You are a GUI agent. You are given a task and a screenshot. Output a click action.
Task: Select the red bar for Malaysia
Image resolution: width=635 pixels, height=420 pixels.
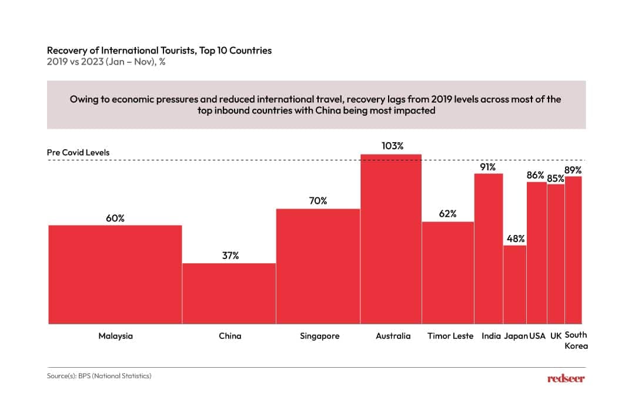[x=115, y=274]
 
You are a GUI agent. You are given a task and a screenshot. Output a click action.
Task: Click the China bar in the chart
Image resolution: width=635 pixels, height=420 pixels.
[x=229, y=293]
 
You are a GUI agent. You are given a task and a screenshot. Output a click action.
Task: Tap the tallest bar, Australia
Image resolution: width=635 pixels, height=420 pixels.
[x=391, y=238]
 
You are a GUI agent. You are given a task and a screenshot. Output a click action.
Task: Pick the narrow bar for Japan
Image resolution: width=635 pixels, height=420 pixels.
[x=514, y=284]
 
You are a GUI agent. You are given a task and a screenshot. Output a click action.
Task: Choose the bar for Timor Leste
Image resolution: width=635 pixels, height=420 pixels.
[x=447, y=273]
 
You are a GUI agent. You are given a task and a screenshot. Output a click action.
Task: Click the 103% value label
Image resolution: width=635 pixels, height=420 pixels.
[x=391, y=146]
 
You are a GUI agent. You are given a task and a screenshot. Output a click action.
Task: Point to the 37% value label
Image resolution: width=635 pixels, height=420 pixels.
[x=229, y=256]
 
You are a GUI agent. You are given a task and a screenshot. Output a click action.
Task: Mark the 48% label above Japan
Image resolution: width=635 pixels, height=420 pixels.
[x=514, y=238]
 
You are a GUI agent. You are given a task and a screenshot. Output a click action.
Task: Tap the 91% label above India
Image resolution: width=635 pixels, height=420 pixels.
[x=488, y=166]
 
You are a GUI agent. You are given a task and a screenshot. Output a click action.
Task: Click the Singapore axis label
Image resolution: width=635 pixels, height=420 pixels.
[x=319, y=337]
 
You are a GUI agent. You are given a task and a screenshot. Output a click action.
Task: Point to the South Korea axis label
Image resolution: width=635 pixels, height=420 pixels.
[x=576, y=340]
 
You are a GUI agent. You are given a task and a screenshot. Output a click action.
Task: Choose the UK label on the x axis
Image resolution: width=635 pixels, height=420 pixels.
[x=555, y=337]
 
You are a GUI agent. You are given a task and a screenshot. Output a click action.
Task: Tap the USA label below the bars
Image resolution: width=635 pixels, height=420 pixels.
[x=537, y=337]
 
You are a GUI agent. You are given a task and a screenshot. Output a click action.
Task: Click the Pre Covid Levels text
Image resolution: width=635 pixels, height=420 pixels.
[x=78, y=153]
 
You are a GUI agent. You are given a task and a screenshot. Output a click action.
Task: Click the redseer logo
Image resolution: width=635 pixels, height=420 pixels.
[x=566, y=379]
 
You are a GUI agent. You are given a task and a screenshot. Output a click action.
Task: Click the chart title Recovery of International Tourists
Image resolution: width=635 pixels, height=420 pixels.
[x=159, y=51]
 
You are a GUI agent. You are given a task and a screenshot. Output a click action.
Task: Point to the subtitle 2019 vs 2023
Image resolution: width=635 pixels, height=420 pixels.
[x=106, y=62]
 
